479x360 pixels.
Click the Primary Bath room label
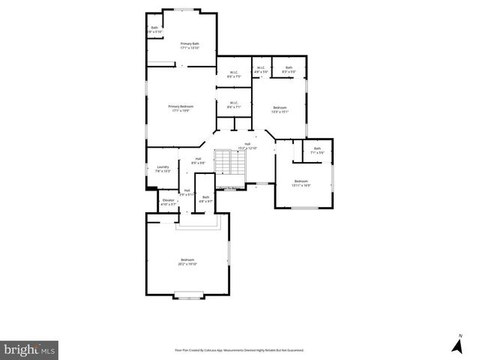(190, 46)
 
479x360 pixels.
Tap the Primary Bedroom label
(181, 109)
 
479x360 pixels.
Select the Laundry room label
(163, 169)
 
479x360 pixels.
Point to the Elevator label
(168, 202)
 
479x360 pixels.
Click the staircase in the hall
(226, 164)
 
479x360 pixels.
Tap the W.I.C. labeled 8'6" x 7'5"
(234, 74)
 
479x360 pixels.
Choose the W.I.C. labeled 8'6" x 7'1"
(234, 105)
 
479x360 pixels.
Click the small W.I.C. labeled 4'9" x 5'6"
(261, 70)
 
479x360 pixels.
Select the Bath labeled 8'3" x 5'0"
(289, 70)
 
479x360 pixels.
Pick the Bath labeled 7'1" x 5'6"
(317, 150)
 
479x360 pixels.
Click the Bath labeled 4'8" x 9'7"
(205, 199)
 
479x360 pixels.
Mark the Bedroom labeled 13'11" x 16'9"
(301, 183)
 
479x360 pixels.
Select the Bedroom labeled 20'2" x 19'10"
(187, 262)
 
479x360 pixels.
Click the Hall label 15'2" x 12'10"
(247, 145)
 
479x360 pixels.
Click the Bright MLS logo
(29, 349)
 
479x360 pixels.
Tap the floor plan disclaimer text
(239, 349)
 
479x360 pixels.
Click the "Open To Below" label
(229, 188)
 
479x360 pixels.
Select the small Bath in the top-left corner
(154, 30)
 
